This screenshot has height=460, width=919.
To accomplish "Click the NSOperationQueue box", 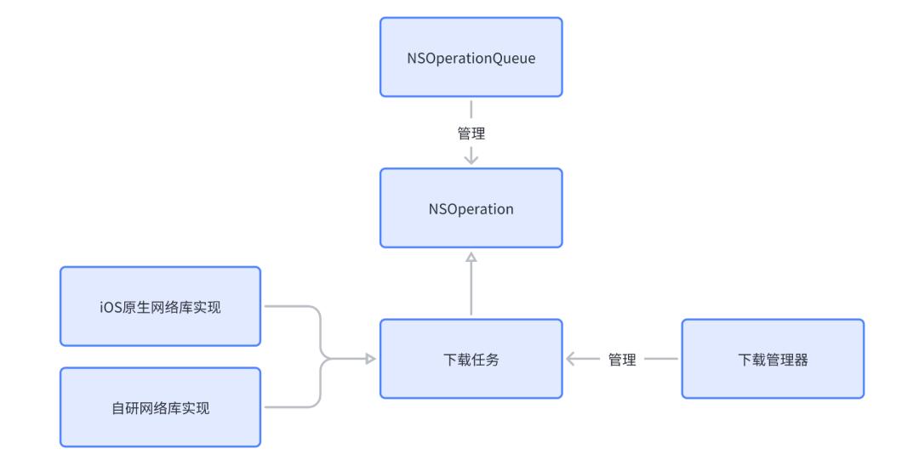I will pos(471,57).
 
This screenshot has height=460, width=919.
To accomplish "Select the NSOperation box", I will pos(471,208).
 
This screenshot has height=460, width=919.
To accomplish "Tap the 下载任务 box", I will pos(471,359).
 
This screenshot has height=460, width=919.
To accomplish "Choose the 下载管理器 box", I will pos(772,359).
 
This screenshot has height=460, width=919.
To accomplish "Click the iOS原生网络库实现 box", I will pos(160,307).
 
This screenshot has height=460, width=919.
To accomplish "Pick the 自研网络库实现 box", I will pos(160,407).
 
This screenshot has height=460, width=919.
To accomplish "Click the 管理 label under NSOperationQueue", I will pos(471,133).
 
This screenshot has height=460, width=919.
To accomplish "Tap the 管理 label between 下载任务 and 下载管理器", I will pos(622,360).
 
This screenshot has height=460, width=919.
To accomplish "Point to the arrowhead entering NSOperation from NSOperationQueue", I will pos(471,159).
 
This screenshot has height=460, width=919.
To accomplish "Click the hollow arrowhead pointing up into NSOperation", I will pos(471,256).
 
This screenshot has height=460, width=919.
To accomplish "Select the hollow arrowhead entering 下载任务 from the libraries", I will pos(370,359).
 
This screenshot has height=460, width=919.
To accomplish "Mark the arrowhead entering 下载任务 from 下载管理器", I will pos(572,360).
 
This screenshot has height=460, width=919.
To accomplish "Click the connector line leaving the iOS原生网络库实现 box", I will pos(289,307).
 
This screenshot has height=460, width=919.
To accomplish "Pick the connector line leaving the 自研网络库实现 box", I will pos(289,407).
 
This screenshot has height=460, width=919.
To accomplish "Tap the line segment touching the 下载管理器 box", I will pos(662,360).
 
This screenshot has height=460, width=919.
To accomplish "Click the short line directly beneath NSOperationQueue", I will pos(471,109).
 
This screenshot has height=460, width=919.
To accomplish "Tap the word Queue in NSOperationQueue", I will pos(516,58).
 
